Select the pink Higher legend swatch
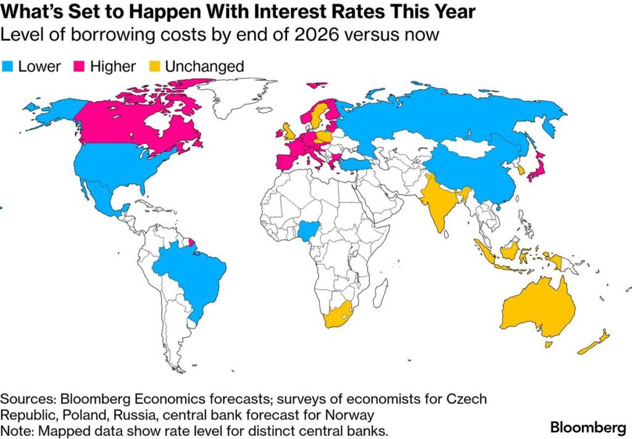tap(79, 67)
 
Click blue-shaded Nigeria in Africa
tap(307, 232)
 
